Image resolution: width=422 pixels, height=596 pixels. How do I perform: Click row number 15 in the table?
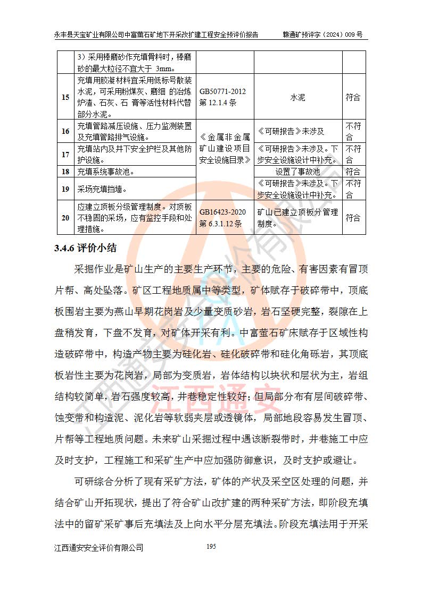[x=65, y=97]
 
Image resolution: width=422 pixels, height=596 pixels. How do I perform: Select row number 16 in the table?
[x=65, y=131]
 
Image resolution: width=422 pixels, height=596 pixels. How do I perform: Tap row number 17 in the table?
[x=65, y=154]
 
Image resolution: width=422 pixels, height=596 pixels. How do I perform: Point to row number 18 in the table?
[x=65, y=172]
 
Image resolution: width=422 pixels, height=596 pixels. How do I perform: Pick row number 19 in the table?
[x=65, y=189]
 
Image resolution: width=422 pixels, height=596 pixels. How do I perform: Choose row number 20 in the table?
[x=65, y=218]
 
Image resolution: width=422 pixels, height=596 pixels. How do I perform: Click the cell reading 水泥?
[x=297, y=98]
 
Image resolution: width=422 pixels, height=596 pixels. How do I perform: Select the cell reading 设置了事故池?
[x=297, y=172]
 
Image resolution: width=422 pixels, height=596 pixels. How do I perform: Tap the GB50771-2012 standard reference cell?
[x=222, y=96]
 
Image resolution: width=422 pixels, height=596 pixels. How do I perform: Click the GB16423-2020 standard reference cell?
[x=222, y=218]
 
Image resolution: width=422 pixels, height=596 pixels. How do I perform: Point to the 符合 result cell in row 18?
[x=353, y=172]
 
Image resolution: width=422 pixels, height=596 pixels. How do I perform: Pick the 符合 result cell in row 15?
[x=353, y=97]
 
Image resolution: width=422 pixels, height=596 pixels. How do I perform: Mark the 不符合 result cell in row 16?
[x=353, y=131]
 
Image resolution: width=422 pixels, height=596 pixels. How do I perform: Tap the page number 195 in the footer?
[x=211, y=547]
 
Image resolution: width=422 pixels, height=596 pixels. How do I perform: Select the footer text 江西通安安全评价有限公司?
[x=99, y=548]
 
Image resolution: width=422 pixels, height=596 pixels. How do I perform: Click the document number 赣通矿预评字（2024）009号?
[x=323, y=35]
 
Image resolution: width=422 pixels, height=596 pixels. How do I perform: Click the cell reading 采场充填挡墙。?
[x=102, y=189]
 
